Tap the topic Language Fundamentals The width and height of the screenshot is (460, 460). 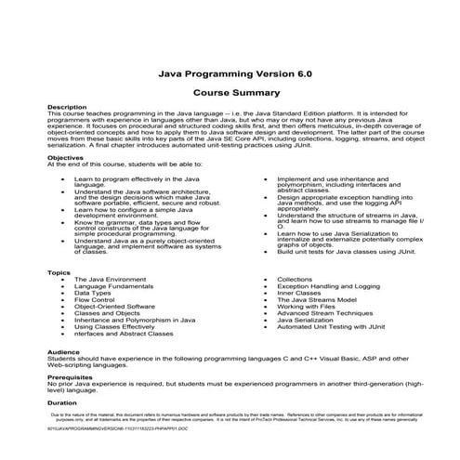[x=114, y=286]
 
